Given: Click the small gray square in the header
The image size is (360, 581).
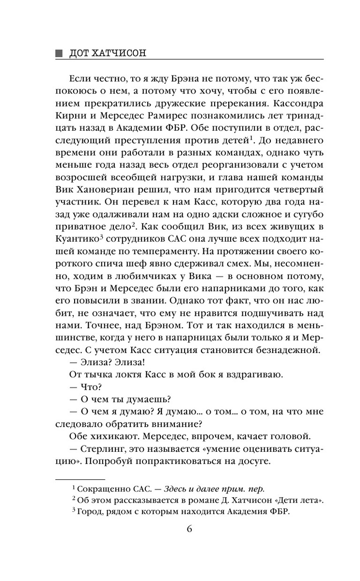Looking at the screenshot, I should coord(59,53).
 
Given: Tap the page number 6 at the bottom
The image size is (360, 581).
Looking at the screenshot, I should coord(189,529).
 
